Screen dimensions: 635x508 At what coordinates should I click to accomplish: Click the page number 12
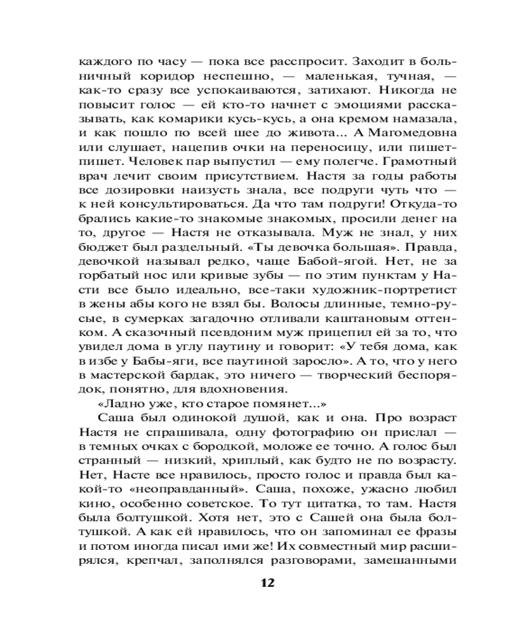point(267,583)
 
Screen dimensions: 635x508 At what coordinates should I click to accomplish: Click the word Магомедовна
point(411,133)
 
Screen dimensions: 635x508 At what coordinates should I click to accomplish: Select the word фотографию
point(300,433)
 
